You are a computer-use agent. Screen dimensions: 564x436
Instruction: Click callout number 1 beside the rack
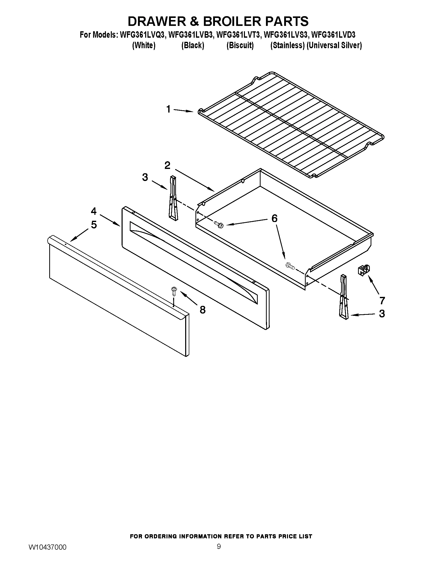click(169, 109)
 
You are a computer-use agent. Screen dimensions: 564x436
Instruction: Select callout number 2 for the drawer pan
click(167, 165)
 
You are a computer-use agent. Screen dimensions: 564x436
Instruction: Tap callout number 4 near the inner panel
click(94, 211)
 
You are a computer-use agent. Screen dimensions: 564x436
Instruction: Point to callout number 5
click(94, 225)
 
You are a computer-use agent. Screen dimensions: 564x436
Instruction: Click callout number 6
click(274, 218)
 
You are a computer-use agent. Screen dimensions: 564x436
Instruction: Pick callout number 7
click(382, 300)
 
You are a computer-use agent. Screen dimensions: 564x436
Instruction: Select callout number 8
click(203, 310)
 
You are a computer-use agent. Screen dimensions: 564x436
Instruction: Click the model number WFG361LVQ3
click(142, 35)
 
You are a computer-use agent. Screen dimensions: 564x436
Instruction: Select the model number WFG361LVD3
click(333, 35)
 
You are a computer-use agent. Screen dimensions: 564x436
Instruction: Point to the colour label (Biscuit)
click(240, 45)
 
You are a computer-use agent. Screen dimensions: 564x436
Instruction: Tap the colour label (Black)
click(193, 45)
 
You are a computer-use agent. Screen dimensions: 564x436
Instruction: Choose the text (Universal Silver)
click(334, 45)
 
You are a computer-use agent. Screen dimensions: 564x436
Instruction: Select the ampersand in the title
click(194, 21)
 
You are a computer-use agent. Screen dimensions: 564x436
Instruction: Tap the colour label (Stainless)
click(288, 45)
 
